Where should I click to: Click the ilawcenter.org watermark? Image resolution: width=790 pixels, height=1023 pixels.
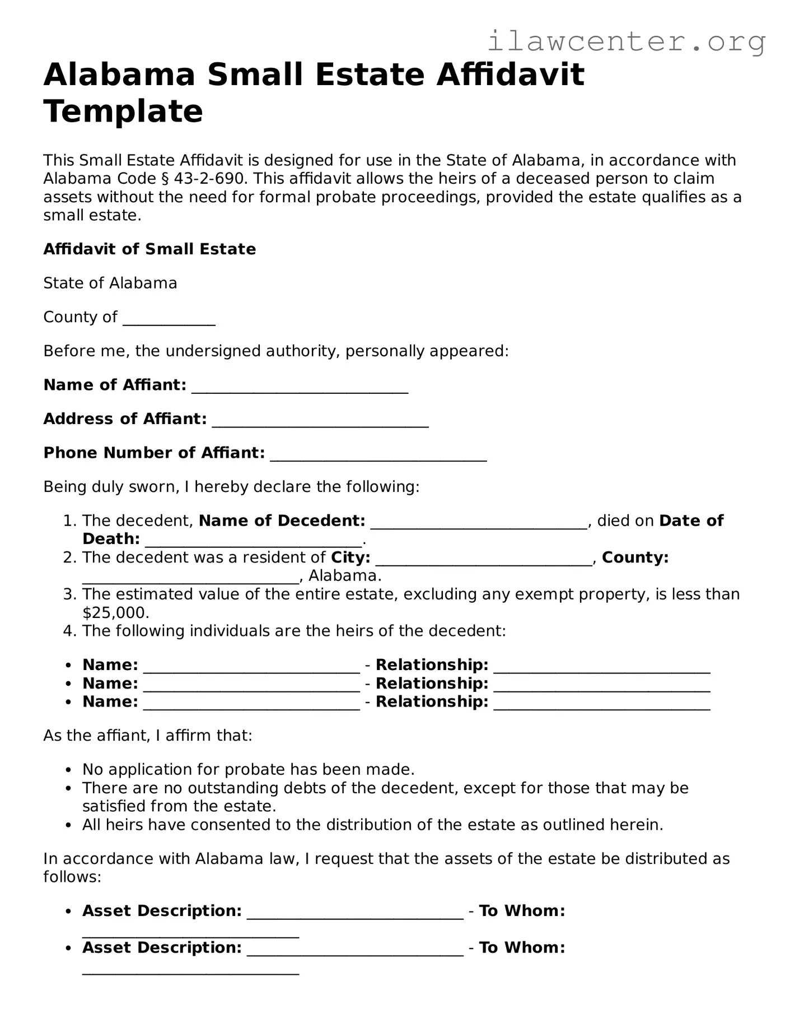coord(626,41)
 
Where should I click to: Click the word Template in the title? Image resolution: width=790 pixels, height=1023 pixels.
coord(123,111)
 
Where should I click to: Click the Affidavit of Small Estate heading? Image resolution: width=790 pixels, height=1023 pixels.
coord(149,249)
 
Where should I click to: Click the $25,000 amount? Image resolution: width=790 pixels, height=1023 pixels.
coord(115,612)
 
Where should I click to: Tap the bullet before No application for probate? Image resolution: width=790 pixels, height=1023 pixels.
coord(68,770)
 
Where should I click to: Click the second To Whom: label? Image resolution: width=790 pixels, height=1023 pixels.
coord(522,947)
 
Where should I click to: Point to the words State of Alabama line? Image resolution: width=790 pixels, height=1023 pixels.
coord(110,283)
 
